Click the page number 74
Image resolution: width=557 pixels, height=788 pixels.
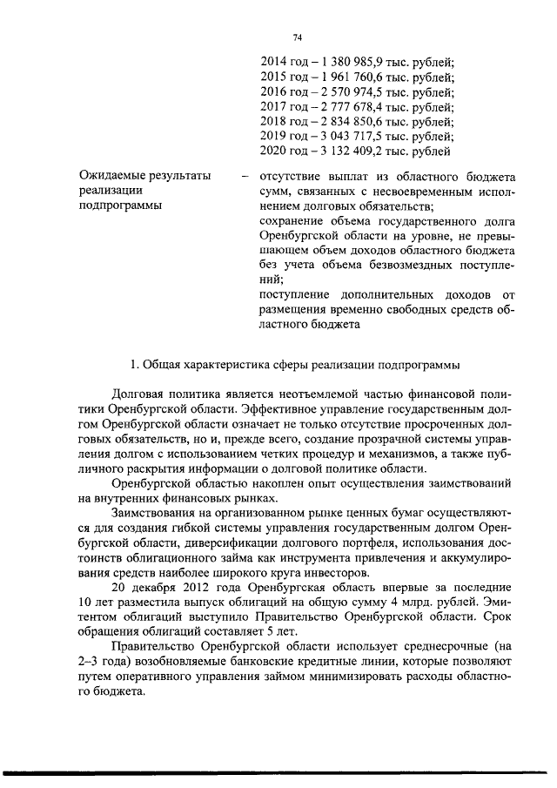[x=298, y=37]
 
